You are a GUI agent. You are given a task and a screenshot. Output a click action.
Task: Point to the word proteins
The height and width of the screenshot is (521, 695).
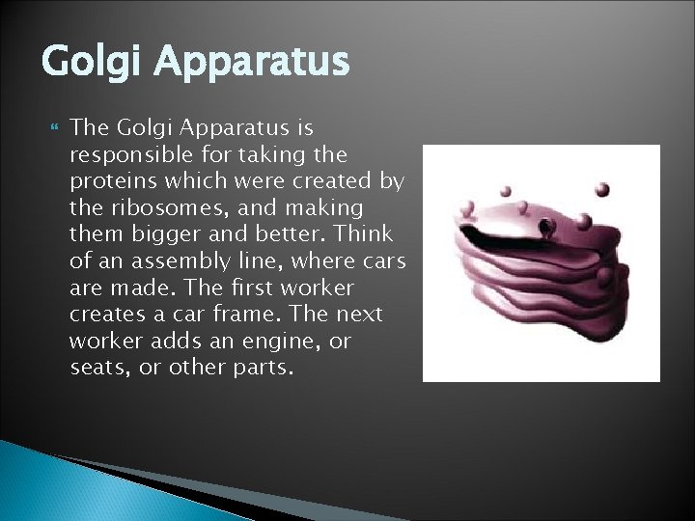pos(106,181)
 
